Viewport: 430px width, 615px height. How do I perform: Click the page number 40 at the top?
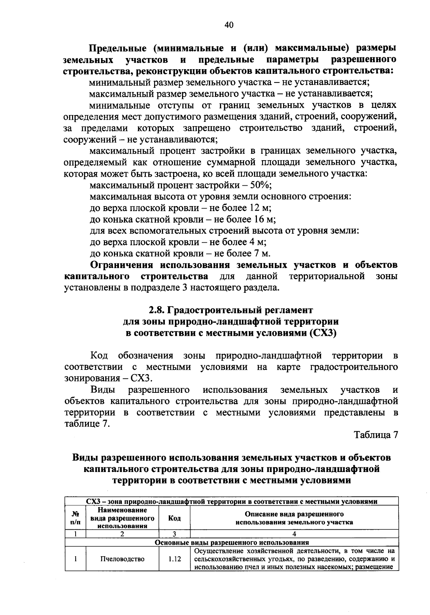[x=229, y=25]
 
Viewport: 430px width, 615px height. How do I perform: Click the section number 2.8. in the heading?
[x=157, y=310]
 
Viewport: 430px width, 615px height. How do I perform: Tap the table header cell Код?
[x=174, y=518]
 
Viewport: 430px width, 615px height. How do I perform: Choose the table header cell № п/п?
[x=75, y=518]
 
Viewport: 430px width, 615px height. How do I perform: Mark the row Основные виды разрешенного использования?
[x=231, y=542]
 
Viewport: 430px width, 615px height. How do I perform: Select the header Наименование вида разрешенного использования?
[x=123, y=518]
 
